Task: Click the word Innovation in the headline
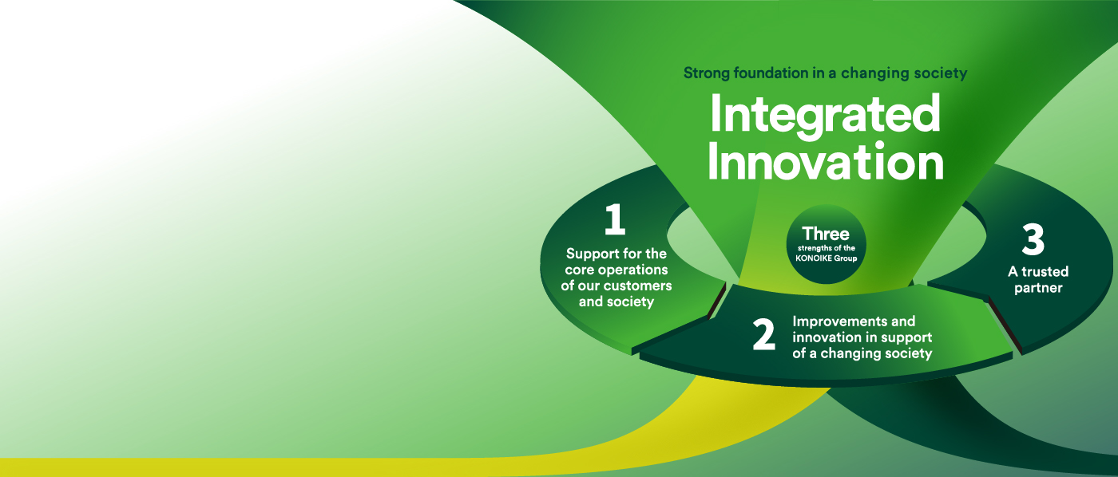click(x=826, y=161)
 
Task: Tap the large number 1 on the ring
click(x=615, y=219)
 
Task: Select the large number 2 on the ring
click(x=763, y=334)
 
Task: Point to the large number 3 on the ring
click(x=1033, y=240)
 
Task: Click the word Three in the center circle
click(x=826, y=234)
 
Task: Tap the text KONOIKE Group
click(x=826, y=258)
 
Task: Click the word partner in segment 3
click(x=1038, y=288)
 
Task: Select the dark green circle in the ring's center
click(x=826, y=245)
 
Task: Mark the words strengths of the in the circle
click(x=826, y=248)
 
